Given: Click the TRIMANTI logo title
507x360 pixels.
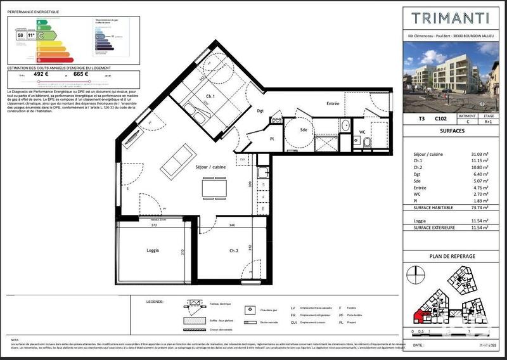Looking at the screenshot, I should point(451,18).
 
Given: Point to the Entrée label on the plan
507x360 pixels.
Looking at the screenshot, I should point(333,103).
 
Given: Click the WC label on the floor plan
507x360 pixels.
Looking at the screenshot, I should point(363,132).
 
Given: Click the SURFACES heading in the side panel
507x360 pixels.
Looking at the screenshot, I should point(451,131).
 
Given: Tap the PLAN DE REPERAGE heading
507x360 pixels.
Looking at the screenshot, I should point(451,256).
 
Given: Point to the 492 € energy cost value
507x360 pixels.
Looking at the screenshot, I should point(41,74).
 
